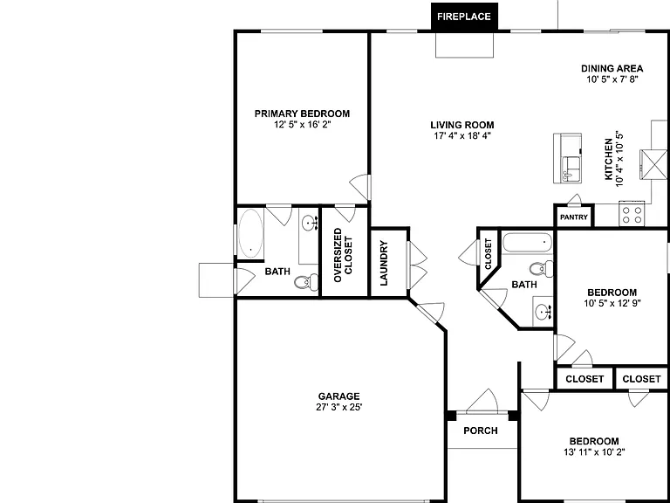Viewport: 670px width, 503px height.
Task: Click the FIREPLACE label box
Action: tap(464, 17)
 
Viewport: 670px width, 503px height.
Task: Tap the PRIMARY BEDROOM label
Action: tap(302, 114)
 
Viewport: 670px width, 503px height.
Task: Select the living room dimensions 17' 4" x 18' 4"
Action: tap(461, 136)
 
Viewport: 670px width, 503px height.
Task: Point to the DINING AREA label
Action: tap(612, 68)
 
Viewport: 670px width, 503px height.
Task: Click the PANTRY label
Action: tap(574, 217)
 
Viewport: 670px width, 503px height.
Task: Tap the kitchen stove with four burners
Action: tap(632, 214)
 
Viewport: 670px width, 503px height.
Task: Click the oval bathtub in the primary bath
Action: tap(250, 233)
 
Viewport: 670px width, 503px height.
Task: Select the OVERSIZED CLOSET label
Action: tap(343, 255)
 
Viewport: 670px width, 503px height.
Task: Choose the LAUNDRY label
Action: tap(383, 263)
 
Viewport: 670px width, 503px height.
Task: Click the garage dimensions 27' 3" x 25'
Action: tap(338, 407)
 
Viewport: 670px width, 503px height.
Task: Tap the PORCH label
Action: tap(481, 431)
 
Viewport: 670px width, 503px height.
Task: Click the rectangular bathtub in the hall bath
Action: tap(528, 242)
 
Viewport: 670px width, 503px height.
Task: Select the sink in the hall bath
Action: tap(544, 312)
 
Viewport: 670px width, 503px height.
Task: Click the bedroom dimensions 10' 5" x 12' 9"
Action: tap(612, 303)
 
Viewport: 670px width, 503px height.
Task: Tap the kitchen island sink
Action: tap(570, 169)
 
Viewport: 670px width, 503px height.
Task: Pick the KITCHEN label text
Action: tap(608, 159)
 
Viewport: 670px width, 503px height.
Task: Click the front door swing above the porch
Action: tap(482, 401)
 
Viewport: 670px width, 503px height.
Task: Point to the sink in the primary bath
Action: tap(309, 223)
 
